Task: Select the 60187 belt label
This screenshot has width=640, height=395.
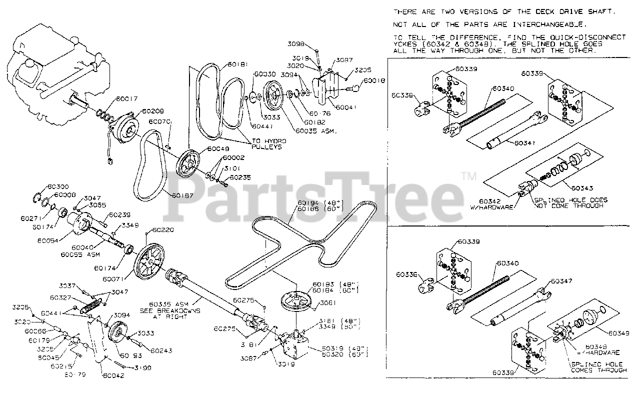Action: click(183, 195)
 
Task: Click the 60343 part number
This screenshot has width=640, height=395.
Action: click(581, 188)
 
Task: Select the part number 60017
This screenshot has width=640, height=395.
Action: click(126, 99)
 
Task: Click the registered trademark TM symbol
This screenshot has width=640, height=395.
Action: click(469, 176)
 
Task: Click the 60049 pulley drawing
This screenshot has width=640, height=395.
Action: click(189, 163)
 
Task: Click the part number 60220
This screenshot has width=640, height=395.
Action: click(163, 230)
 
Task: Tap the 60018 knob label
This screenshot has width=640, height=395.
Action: click(374, 80)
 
